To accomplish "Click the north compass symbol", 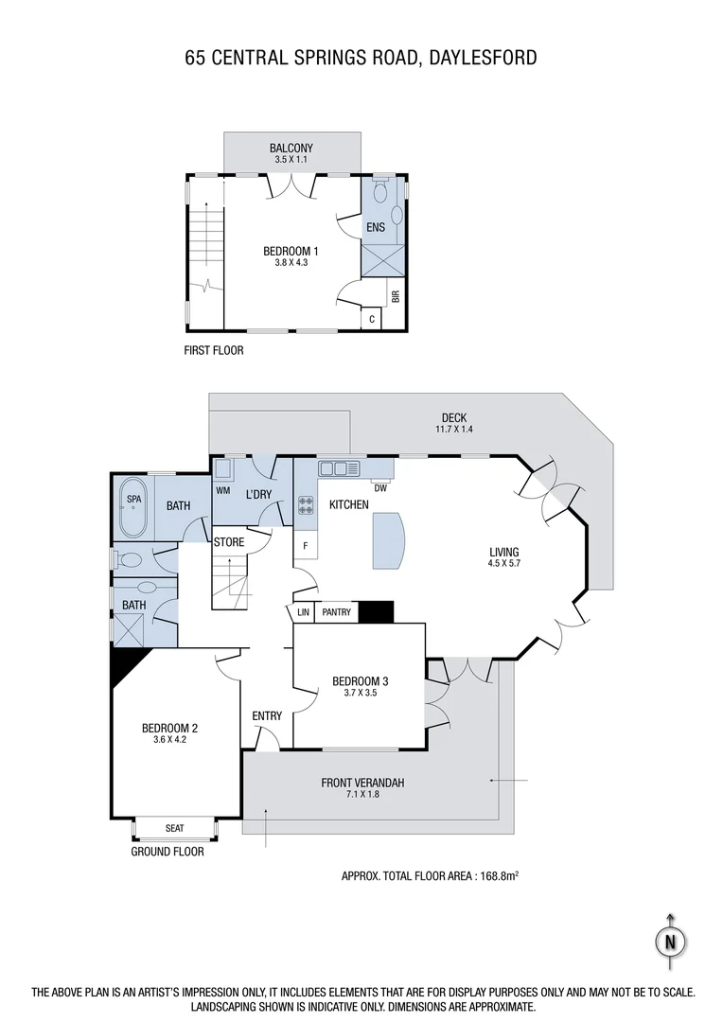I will [x=671, y=942].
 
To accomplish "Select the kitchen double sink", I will [x=338, y=467].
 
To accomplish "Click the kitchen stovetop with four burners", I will [x=306, y=505].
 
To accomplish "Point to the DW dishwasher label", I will [x=380, y=488].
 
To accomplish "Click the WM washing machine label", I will [x=223, y=490].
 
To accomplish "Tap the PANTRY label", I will [x=336, y=612].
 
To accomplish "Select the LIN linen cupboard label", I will [x=303, y=612].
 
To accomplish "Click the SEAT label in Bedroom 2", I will [x=174, y=828].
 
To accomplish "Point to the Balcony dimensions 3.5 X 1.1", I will [x=291, y=161].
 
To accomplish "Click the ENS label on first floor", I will [x=375, y=228].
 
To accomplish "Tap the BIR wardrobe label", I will [x=396, y=296].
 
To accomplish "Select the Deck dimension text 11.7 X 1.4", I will [x=454, y=430].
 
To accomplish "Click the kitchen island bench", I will [x=389, y=540].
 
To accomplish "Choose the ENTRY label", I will [x=267, y=716].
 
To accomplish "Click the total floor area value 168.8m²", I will [x=490, y=876].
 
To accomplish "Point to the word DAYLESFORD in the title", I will [x=483, y=58].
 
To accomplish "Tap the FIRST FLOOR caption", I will [x=214, y=350].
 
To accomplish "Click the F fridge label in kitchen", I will [x=306, y=546].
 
